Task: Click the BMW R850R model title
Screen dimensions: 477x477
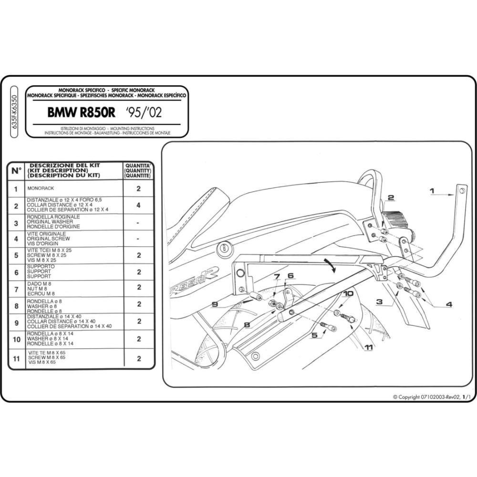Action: pos(81,113)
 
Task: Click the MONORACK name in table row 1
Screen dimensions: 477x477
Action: pos(41,188)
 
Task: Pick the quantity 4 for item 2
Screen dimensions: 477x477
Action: pos(138,205)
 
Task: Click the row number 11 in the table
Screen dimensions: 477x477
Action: pos(16,359)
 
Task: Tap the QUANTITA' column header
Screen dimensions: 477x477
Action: pos(138,166)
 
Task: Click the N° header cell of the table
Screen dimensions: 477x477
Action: pos(16,171)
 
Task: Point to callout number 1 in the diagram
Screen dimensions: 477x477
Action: pos(432,191)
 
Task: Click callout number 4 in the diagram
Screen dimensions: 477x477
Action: pos(449,304)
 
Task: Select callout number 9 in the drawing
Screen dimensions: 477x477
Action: pos(215,304)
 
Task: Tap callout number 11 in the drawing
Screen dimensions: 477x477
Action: pos(368,347)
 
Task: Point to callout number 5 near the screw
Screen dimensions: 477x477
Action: pos(314,335)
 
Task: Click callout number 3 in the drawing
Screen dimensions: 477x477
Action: pos(379,301)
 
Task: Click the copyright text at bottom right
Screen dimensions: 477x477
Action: pos(432,397)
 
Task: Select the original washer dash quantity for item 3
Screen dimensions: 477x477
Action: pos(138,223)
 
